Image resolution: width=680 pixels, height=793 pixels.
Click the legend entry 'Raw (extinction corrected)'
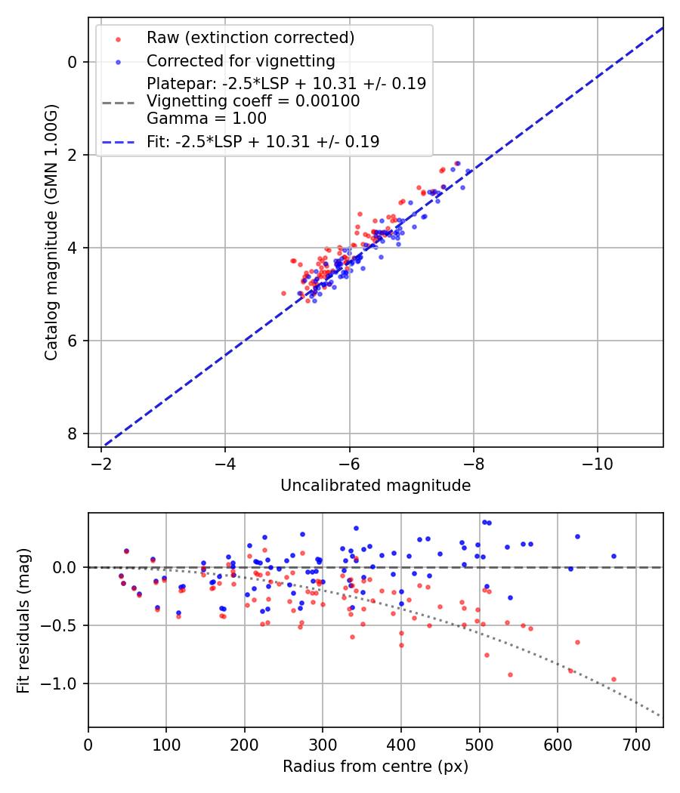[x=250, y=38]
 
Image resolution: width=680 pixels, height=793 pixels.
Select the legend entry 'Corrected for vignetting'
[x=241, y=60]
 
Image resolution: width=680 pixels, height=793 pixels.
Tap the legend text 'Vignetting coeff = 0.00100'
[x=253, y=100]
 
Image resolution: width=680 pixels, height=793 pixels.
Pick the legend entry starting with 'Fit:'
[x=263, y=141]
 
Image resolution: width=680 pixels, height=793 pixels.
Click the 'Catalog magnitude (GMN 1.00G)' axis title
[x=51, y=232]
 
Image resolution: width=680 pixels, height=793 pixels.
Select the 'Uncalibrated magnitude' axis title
[x=376, y=486]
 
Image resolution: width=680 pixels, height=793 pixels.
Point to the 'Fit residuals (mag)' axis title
[x=23, y=620]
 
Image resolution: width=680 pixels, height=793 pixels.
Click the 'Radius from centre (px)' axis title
[x=376, y=767]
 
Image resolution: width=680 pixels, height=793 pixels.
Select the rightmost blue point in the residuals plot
[x=614, y=556]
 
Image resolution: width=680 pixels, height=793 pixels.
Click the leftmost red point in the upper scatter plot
[x=283, y=293]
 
